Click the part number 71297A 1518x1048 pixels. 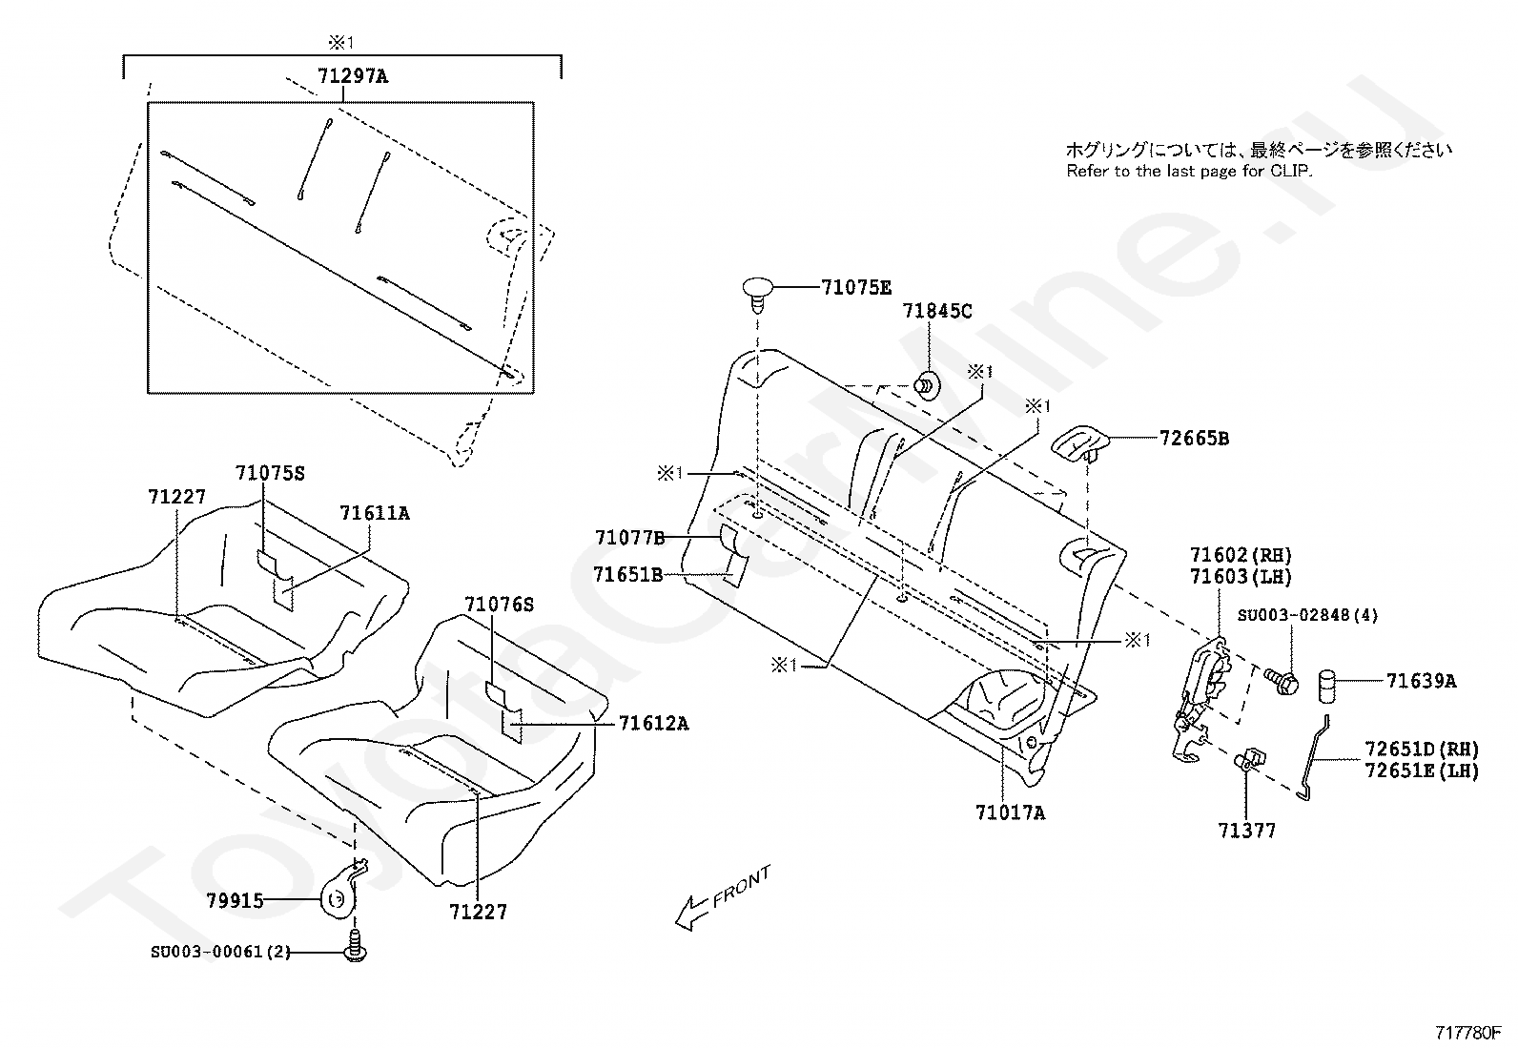pyautogui.click(x=353, y=76)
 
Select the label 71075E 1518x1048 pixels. pyautogui.click(x=856, y=286)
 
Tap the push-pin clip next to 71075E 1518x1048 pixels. pyautogui.click(x=759, y=290)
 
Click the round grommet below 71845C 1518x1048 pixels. pyautogui.click(x=926, y=385)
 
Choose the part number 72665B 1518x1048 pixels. pyautogui.click(x=1194, y=439)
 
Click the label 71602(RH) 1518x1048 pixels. pyautogui.click(x=1241, y=555)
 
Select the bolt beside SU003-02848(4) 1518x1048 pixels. pyautogui.click(x=1280, y=679)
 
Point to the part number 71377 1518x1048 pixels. pyautogui.click(x=1246, y=832)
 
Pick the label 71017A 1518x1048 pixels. pyautogui.click(x=1010, y=813)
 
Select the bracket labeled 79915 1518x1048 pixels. pyautogui.click(x=341, y=894)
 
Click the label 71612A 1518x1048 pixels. pyautogui.click(x=653, y=723)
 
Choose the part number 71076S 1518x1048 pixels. pyautogui.click(x=500, y=605)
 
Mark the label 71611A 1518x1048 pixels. pyautogui.click(x=374, y=513)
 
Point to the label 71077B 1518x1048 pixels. pyautogui.click(x=629, y=538)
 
